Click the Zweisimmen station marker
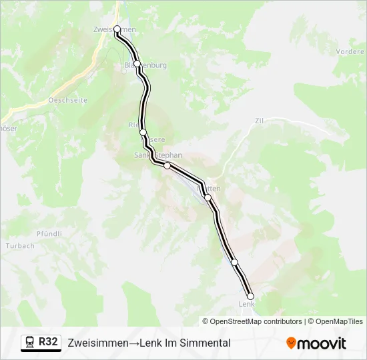(x=117, y=29)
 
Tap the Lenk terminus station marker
(x=251, y=296)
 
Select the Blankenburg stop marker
(x=137, y=64)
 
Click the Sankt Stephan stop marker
(x=167, y=165)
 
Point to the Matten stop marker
(x=208, y=197)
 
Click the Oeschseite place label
(x=68, y=100)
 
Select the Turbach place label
(x=20, y=245)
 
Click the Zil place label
(x=260, y=121)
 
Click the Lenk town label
(x=246, y=305)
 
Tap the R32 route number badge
(x=48, y=342)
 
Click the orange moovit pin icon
(x=291, y=343)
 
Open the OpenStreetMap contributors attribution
(x=246, y=321)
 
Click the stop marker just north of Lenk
(x=234, y=262)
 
